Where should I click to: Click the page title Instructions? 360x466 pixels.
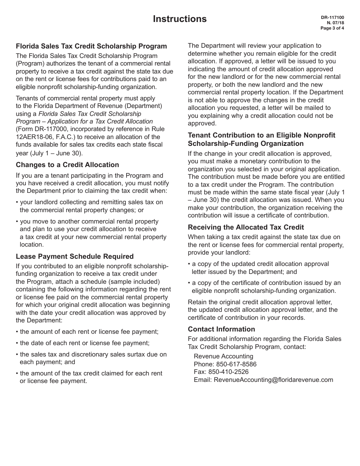180,19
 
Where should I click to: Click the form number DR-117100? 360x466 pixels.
332,18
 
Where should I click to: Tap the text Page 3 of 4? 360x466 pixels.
332,28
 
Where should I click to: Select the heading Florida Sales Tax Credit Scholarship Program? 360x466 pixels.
91,46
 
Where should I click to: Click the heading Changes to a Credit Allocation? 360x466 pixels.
67,165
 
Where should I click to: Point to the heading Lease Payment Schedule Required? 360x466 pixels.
75,256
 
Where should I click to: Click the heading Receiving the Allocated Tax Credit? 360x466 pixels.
246,227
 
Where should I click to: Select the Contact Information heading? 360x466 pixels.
221,329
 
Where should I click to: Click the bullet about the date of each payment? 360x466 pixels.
85,343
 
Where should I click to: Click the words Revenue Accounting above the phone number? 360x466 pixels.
223,356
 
